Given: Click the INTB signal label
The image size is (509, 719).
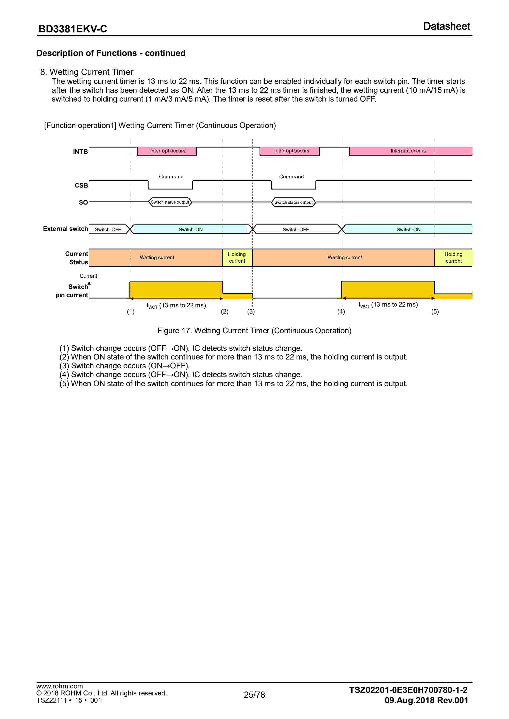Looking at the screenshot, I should point(80,152).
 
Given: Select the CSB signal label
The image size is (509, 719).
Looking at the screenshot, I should point(81,185).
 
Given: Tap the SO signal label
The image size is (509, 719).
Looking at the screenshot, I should point(83,202).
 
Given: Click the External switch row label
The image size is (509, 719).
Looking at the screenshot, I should point(65,229).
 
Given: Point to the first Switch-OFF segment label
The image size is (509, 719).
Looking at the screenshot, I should point(108,230).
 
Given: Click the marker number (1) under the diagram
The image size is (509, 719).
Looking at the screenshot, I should point(131,312).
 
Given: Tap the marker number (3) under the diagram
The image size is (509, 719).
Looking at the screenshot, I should point(251,312).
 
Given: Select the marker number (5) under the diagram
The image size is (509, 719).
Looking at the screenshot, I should point(435,312).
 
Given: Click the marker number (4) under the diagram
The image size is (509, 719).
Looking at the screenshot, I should point(341,312).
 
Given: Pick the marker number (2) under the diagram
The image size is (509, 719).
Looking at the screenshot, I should point(224,312).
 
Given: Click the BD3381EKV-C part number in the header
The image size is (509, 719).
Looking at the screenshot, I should point(73,29).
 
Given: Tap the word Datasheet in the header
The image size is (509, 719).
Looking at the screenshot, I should point(447,26).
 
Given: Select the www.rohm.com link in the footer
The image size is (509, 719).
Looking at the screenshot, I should point(60,686).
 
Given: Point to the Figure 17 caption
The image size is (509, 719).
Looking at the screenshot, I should point(254,331).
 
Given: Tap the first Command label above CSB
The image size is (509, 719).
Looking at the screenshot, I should point(171,177).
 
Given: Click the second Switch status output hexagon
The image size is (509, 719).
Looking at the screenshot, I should point(293,202).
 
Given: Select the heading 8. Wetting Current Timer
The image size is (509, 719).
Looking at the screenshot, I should point(87,72).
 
